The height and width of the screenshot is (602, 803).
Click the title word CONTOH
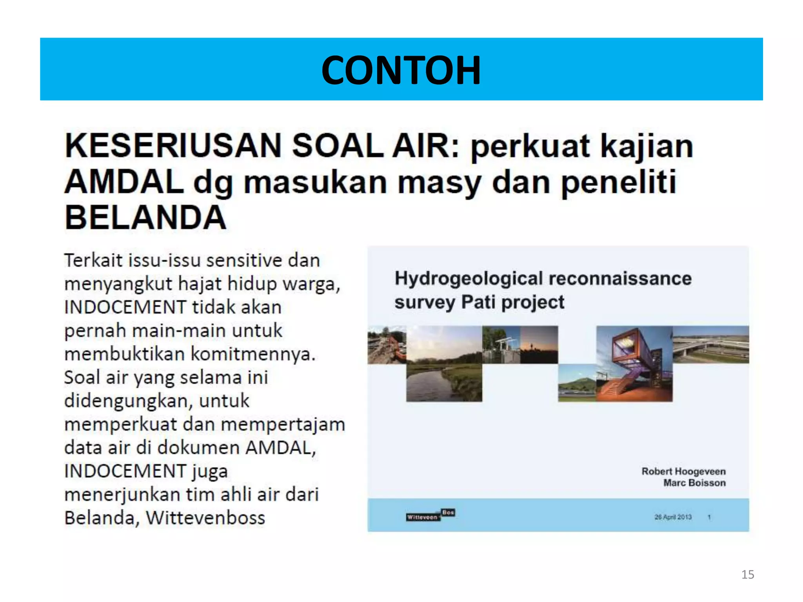401,71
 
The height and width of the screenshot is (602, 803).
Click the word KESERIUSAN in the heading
173,146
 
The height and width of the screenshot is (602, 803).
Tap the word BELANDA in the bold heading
145,218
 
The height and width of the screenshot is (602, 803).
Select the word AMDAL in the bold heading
124,182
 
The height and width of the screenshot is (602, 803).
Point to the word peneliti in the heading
618,182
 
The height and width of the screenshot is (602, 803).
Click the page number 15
747,575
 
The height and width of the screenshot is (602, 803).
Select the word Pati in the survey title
479,302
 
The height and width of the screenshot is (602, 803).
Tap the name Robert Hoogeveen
683,471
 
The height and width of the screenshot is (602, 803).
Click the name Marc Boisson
694,483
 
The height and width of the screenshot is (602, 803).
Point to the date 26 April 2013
672,517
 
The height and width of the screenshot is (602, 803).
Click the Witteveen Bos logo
430,515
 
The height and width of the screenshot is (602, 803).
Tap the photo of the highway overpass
710,345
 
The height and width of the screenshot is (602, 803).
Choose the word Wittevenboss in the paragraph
205,518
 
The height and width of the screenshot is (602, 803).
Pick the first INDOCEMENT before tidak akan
125,307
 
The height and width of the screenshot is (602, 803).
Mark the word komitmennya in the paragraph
253,354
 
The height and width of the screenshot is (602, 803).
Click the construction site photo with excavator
387,345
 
